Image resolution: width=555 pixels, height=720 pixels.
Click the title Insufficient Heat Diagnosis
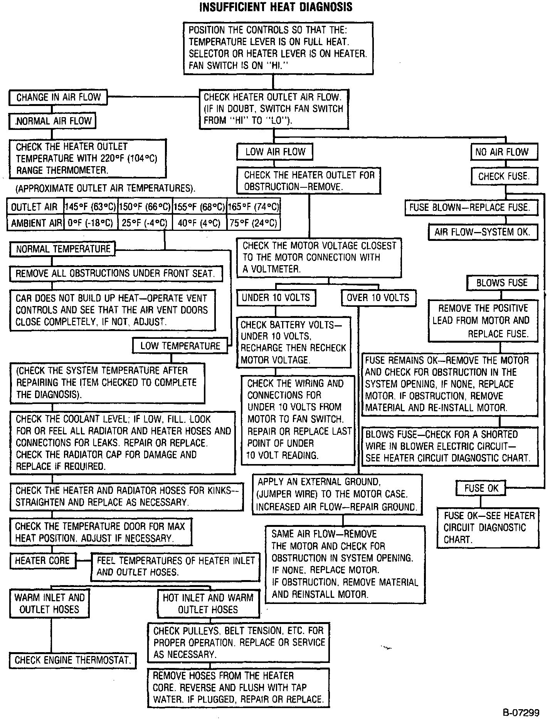pyautogui.click(x=276, y=7)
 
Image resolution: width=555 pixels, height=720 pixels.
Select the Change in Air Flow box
pyautogui.click(x=58, y=98)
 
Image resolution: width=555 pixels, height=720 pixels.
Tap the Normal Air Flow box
pyautogui.click(x=52, y=121)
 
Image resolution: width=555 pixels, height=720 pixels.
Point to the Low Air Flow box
pyautogui.click(x=274, y=152)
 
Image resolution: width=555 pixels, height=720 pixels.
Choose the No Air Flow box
pyautogui.click(x=504, y=152)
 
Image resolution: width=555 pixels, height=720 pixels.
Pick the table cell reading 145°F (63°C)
pyautogui.click(x=91, y=207)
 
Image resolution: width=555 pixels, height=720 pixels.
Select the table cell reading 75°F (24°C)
pyautogui.click(x=253, y=223)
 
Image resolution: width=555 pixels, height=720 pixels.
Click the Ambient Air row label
pyautogui.click(x=36, y=223)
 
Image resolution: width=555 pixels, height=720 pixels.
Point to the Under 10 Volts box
pyautogui.click(x=276, y=298)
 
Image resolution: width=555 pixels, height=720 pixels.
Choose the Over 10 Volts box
pyautogui.click(x=378, y=298)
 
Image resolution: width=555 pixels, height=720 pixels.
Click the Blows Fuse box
pyautogui.click(x=502, y=283)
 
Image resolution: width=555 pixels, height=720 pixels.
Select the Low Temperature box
pyautogui.click(x=180, y=346)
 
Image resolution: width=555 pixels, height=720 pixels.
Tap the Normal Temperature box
pyautogui.click(x=62, y=249)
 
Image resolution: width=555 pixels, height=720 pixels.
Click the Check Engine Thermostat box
pyautogui.click(x=72, y=660)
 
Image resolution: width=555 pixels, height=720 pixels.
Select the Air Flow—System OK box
pyautogui.click(x=483, y=232)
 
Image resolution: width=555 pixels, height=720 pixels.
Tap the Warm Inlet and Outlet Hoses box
pyautogui.click(x=49, y=603)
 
